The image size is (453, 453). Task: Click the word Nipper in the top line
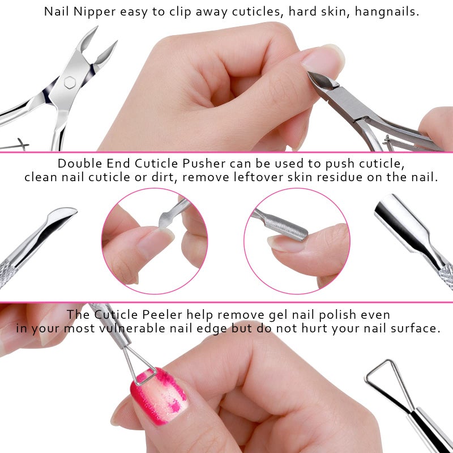[93, 11]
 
